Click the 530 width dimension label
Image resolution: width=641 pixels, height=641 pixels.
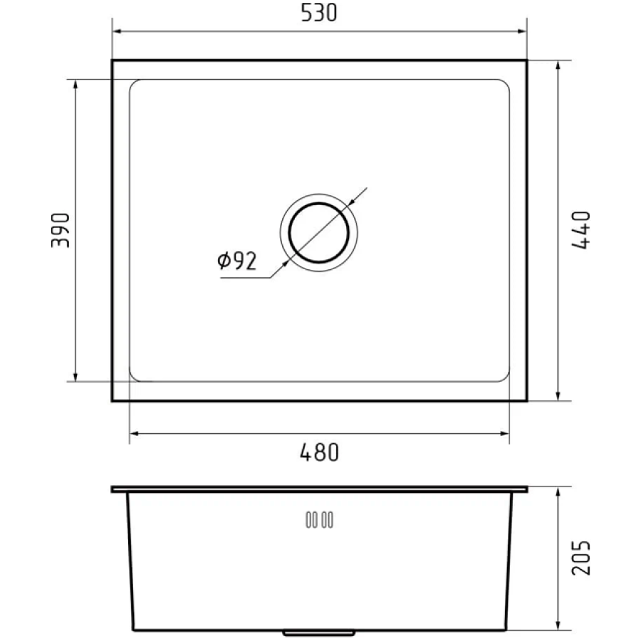click(x=319, y=12)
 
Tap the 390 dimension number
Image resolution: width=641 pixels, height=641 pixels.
click(x=61, y=230)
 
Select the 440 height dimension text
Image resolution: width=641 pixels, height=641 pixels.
click(x=580, y=230)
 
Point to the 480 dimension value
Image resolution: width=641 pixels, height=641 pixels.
click(x=319, y=452)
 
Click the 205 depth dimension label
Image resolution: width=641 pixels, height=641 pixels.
click(x=580, y=558)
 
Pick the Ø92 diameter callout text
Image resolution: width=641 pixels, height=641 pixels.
click(x=236, y=261)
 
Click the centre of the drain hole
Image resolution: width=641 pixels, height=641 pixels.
click(x=319, y=233)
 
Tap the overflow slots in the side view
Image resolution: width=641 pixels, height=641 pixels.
click(x=319, y=520)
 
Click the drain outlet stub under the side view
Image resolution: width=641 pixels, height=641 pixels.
click(x=319, y=633)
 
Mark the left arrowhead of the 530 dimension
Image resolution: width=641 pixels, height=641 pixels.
click(x=117, y=31)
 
